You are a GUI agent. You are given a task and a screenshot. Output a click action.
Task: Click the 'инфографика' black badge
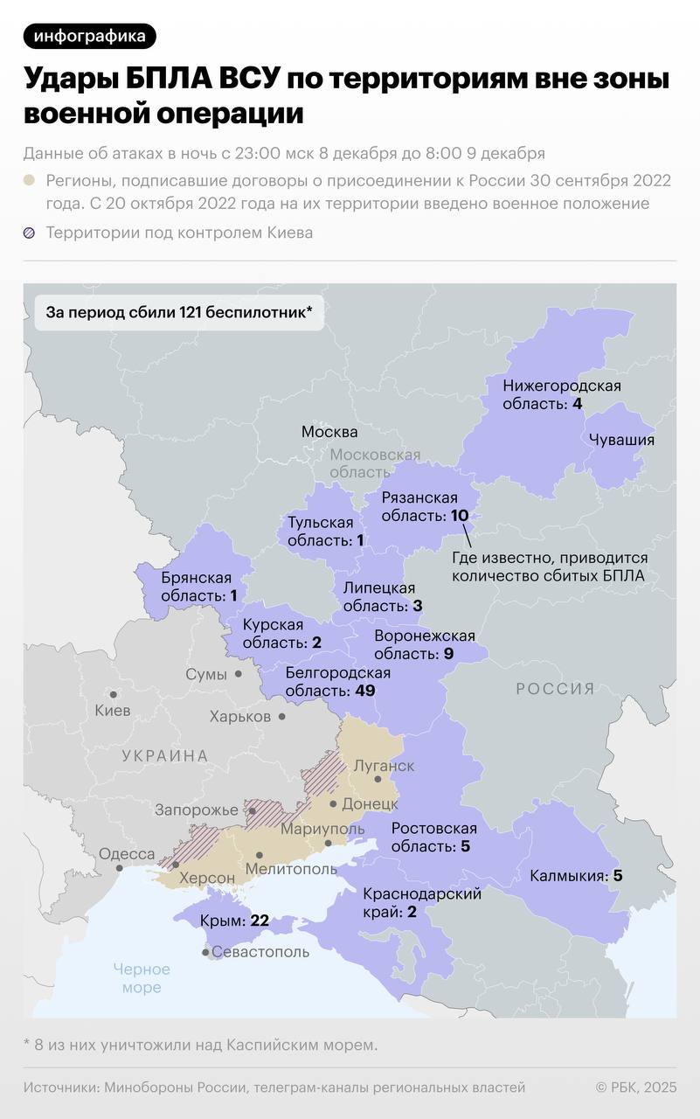coord(90,36)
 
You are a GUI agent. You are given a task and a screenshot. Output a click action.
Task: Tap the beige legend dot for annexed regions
coord(30,181)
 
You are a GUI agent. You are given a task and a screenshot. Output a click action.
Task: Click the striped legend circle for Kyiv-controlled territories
coord(30,233)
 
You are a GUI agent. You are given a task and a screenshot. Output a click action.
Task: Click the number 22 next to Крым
coord(260,921)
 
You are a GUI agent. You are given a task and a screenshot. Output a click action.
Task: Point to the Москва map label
coord(329,432)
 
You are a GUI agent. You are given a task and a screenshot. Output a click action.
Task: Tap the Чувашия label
coord(621,440)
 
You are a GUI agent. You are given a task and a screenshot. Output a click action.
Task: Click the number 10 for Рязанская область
coord(460,516)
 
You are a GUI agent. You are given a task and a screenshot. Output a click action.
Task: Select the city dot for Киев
coord(113,693)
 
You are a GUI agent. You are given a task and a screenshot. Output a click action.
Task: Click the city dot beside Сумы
coord(237,674)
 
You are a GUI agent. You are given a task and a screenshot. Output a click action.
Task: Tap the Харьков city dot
coord(281,716)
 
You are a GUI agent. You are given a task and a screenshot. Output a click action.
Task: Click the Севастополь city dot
coord(205,952)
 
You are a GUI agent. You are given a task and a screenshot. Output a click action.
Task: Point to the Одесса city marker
coord(119,868)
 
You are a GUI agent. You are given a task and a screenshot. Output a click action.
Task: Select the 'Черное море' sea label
coord(142,978)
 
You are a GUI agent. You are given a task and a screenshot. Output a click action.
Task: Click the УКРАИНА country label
coord(165,756)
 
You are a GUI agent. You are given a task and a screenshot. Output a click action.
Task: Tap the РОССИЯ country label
coord(555,689)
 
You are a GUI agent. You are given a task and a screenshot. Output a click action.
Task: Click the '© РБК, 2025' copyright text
coord(635,1088)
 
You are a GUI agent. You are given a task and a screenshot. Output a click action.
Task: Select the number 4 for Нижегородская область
coord(577,404)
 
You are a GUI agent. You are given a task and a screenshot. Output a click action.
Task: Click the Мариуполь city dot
coord(329,843)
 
